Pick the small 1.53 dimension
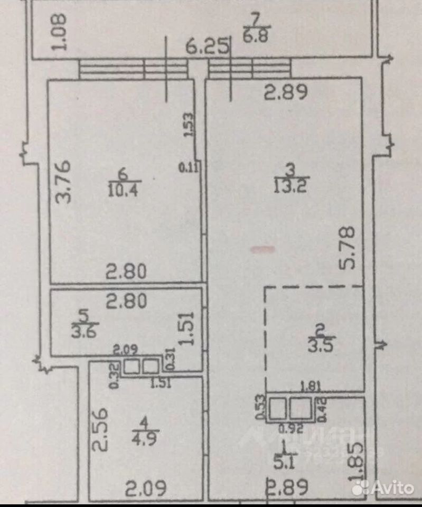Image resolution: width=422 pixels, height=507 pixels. coord(189,126)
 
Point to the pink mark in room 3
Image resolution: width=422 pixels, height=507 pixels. coord(262,248)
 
